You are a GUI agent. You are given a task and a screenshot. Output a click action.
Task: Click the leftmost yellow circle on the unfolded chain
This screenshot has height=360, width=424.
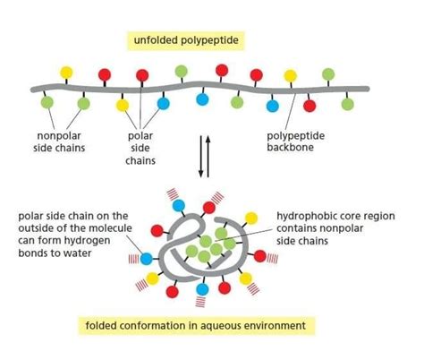(x=66, y=71)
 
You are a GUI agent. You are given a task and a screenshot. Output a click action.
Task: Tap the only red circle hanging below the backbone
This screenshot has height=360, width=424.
(x=310, y=106)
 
